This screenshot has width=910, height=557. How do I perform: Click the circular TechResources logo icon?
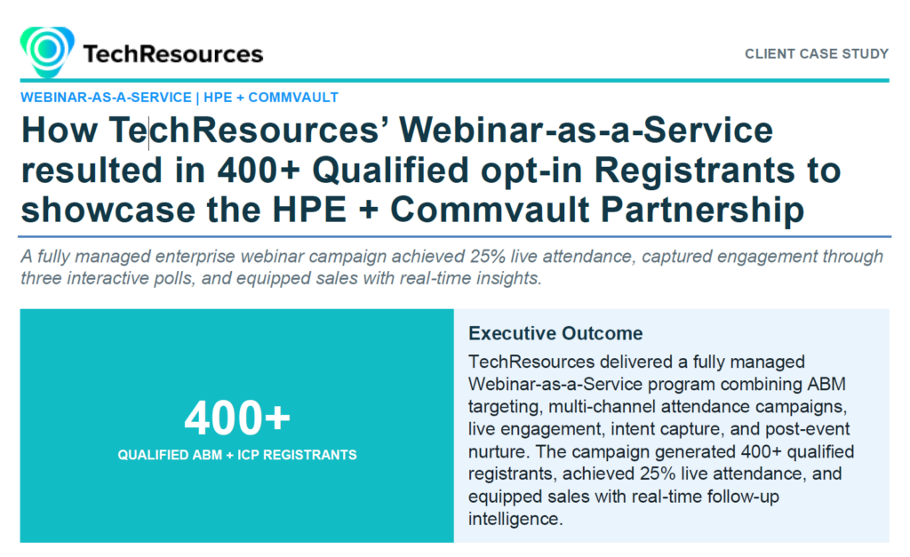(x=47, y=51)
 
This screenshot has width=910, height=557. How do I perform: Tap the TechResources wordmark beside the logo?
(x=173, y=54)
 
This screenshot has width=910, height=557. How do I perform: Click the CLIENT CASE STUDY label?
(x=817, y=54)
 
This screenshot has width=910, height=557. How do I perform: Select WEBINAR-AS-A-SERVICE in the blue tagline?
(x=107, y=98)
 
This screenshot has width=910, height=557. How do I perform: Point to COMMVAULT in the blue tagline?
(x=293, y=98)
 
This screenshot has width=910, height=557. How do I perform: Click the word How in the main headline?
(x=60, y=130)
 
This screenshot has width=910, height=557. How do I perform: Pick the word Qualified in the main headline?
(x=390, y=170)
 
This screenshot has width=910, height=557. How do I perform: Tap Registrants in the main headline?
(x=694, y=170)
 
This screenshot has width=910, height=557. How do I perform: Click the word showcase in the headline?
(x=108, y=210)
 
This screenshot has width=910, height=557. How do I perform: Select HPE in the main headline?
(x=309, y=210)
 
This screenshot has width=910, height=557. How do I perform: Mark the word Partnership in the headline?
(x=702, y=210)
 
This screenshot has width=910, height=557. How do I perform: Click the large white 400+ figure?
(x=237, y=418)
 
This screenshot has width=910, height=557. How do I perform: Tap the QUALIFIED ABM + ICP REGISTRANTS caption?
(x=237, y=455)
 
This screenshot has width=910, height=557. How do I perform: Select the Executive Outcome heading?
(x=555, y=333)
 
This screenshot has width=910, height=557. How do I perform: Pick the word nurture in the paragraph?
(x=499, y=451)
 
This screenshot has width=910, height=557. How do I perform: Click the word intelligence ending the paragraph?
(x=515, y=519)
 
